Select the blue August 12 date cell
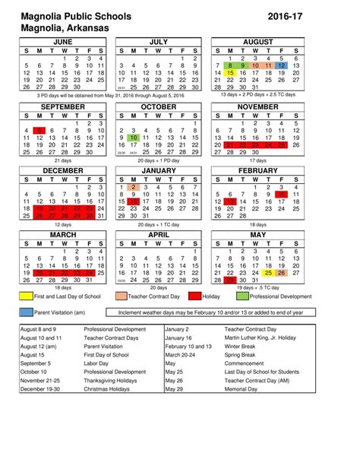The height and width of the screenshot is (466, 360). click(x=282, y=66)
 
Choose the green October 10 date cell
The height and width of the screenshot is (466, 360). click(x=133, y=138)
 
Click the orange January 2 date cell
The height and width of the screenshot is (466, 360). click(x=133, y=187)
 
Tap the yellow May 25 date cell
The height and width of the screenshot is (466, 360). click(x=269, y=273)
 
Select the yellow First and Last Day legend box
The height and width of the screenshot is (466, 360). click(x=25, y=295)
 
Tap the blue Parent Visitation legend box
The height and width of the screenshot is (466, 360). click(x=25, y=312)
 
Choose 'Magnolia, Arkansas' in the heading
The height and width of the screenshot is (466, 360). click(x=60, y=27)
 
